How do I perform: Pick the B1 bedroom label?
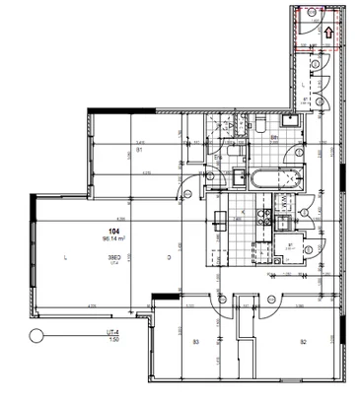coord(139,150)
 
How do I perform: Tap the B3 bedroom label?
coord(196,342)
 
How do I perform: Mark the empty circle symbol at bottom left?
coord(36,335)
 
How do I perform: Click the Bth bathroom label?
coord(274,139)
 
